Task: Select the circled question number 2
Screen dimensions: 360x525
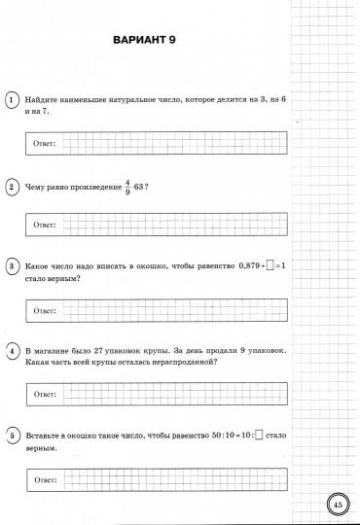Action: (x=11, y=185)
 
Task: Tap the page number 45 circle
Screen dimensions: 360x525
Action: (x=337, y=504)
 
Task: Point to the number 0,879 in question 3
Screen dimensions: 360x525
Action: (x=245, y=265)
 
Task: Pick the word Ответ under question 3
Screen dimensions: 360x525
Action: (x=45, y=311)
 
